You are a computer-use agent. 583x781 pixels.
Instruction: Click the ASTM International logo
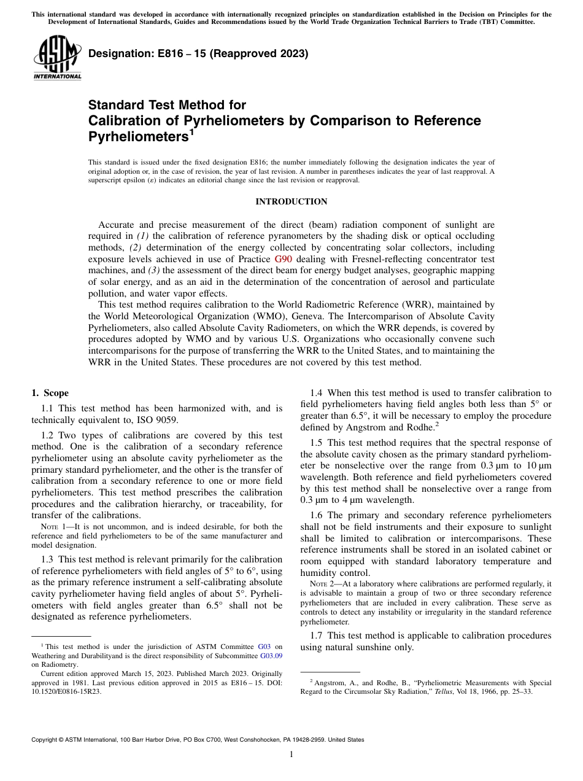(x=57, y=58)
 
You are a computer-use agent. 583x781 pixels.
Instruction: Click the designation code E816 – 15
(x=160, y=54)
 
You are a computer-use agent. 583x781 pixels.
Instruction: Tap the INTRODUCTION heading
(x=291, y=201)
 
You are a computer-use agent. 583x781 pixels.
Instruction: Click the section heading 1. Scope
(x=50, y=393)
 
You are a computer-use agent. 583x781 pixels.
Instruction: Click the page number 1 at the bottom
(x=291, y=755)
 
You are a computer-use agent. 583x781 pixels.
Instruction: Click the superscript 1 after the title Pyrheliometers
(x=191, y=131)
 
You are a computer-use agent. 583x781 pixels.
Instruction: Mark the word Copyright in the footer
(x=45, y=740)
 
